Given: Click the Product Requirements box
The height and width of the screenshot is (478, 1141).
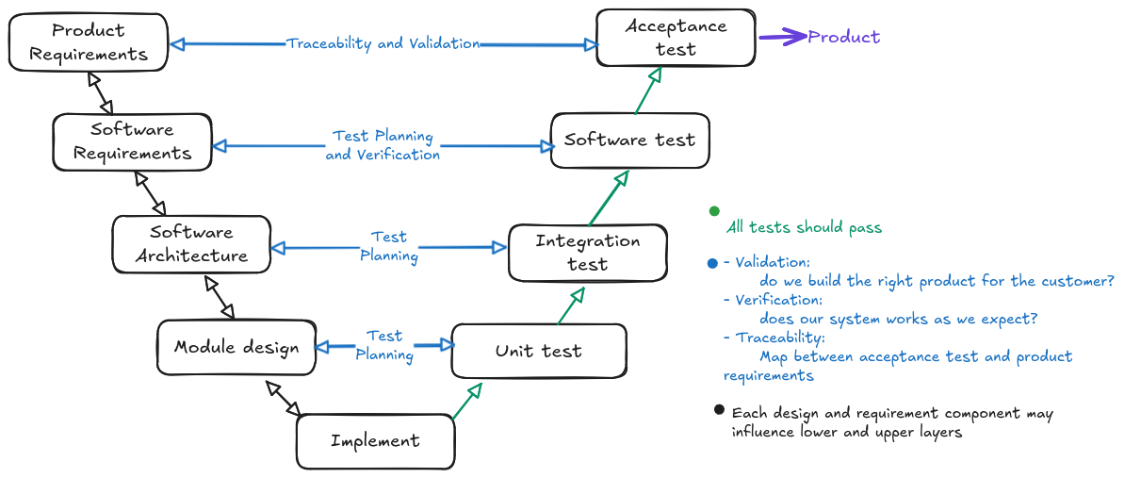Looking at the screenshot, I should pos(89,42).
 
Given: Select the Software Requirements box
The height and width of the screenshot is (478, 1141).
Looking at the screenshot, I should pos(132,141).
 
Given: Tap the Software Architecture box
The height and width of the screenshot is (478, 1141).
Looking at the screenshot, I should pos(191,243).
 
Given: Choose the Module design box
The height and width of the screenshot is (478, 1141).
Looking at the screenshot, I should pos(236,347).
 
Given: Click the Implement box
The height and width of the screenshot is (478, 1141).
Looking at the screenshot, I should pos(375,440).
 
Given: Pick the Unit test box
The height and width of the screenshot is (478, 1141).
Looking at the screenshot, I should pos(538,351).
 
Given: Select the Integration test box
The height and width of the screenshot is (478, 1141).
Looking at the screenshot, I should pos(587,253).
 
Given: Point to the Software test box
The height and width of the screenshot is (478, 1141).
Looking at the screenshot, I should pos(629,140).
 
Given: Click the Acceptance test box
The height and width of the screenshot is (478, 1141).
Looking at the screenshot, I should pos(676,38).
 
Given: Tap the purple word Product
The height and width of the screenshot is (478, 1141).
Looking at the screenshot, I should pos(844,37).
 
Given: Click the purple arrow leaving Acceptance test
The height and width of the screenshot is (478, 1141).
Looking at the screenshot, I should pos(781,38).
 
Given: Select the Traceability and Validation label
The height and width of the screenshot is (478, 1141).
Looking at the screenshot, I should pos(383,43).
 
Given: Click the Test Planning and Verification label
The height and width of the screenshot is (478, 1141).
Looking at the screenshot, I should pos(383,145).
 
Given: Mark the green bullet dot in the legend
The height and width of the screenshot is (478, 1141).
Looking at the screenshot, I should pos(713,210).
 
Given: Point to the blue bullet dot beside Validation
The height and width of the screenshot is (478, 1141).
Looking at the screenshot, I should pos(712,263).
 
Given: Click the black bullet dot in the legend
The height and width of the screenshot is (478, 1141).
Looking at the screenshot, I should pos(719,410).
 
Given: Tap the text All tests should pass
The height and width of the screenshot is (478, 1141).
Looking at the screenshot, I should pos(804,227).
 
